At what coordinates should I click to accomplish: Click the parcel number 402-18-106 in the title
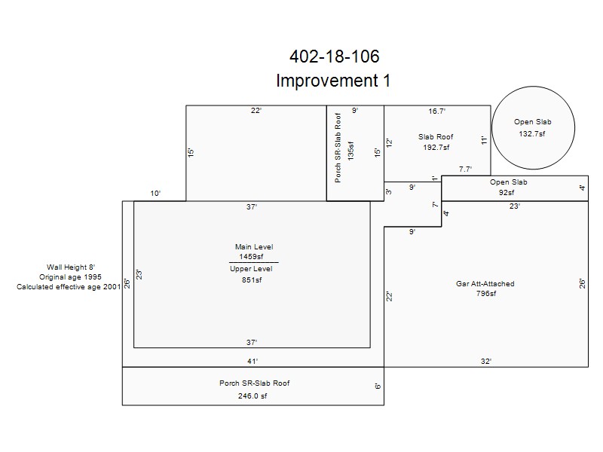coord(334,56)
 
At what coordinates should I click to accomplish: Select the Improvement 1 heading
coord(333,81)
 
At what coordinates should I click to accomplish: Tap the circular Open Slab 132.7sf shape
coord(533,87)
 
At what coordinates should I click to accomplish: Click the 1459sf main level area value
coord(251,256)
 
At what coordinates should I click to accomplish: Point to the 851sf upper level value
coord(252,279)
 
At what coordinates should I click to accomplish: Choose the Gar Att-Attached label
coord(485,284)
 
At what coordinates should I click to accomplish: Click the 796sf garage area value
coord(486,294)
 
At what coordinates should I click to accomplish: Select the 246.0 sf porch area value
coord(253,396)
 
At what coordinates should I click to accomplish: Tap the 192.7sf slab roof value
coord(436,147)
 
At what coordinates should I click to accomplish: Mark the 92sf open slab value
coord(507,192)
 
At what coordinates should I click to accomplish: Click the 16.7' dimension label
coord(437,111)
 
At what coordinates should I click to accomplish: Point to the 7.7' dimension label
coord(465,169)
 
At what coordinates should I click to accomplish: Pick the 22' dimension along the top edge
coord(256,110)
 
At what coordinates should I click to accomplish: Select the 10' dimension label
coord(155,194)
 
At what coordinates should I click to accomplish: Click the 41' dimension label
coord(253,361)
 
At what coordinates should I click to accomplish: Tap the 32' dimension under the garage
coord(486,361)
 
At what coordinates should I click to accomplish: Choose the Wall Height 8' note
coord(71,267)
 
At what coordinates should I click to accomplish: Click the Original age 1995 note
coord(70,276)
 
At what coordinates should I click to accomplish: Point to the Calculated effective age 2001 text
coord(69,287)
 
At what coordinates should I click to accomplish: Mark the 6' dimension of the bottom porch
coord(378,386)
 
